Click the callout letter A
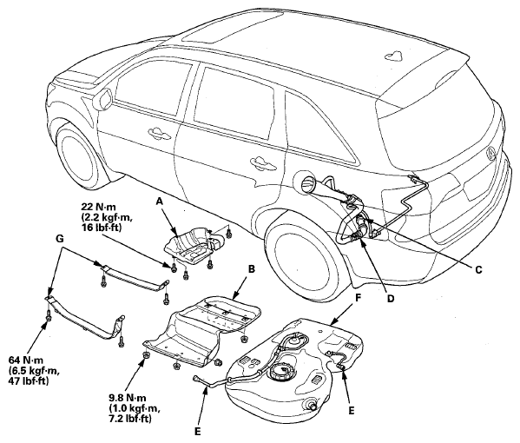(x=160, y=202)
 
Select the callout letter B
(x=252, y=268)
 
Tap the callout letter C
(x=477, y=270)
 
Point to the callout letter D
(x=391, y=298)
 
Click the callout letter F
(x=358, y=297)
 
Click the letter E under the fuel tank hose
(x=197, y=432)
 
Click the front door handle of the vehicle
(x=159, y=132)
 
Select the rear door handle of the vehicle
(x=263, y=163)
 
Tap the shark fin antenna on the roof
(x=394, y=56)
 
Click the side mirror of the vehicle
(x=102, y=96)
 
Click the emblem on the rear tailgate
(x=491, y=152)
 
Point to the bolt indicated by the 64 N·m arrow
(x=49, y=318)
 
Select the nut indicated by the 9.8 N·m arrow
(x=146, y=355)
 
